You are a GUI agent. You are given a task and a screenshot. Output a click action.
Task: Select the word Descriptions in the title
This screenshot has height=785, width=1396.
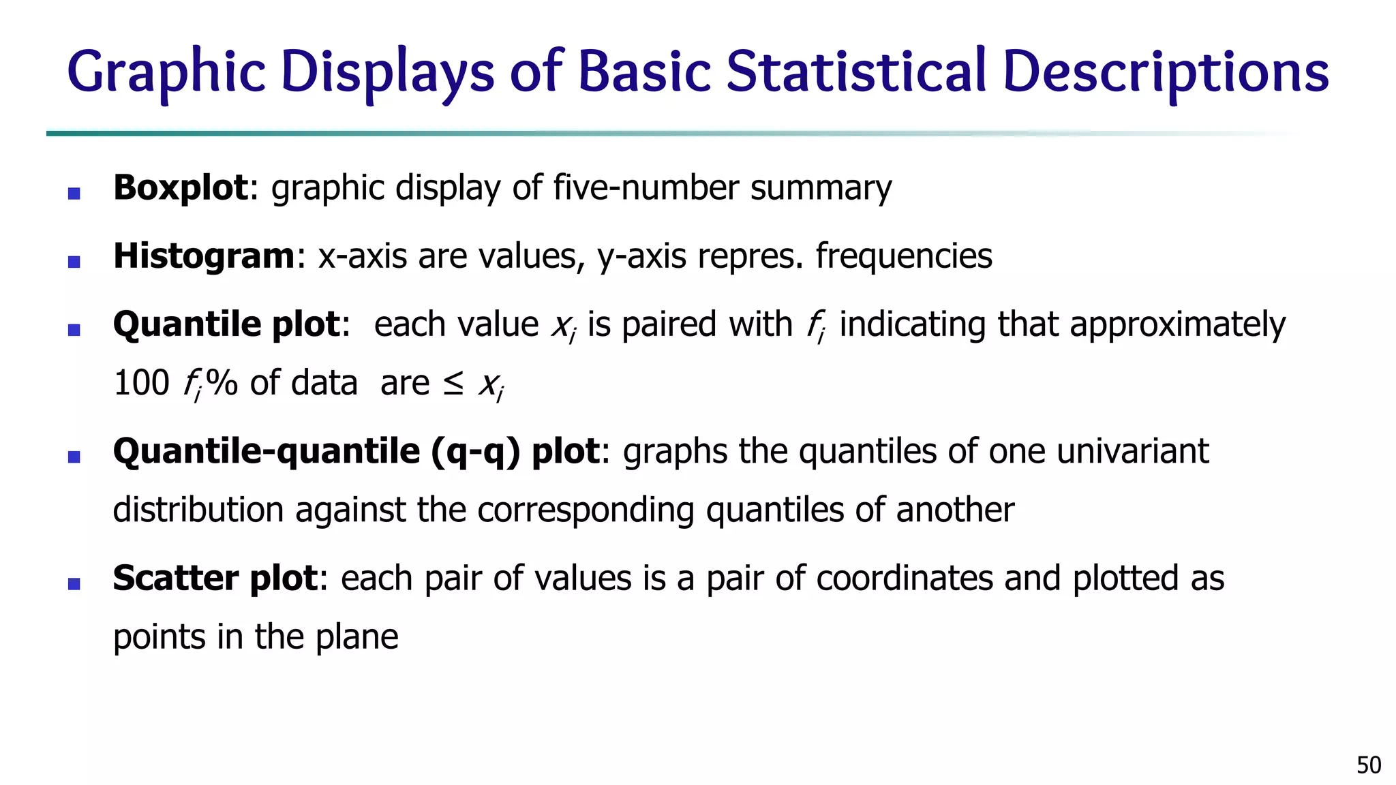coord(1166,72)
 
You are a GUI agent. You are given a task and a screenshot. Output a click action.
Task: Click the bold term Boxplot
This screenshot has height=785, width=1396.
coord(181,187)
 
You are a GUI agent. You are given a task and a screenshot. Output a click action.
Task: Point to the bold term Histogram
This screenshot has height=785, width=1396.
coord(204,256)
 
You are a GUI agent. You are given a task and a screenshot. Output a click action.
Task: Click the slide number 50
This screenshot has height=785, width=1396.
coord(1369,765)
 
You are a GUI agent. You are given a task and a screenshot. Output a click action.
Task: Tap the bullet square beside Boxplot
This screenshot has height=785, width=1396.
coord(74,194)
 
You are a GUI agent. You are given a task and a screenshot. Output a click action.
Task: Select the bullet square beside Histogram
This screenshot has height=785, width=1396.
coord(74,262)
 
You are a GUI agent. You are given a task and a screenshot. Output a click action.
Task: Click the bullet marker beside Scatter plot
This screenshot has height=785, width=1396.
coord(74,583)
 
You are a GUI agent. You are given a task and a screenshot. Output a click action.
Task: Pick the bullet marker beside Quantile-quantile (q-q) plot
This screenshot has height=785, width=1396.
coord(74,457)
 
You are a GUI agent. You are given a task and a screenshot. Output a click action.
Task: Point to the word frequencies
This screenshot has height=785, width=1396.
coord(903,256)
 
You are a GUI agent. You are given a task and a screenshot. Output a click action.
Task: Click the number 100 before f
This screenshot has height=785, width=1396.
coord(141,383)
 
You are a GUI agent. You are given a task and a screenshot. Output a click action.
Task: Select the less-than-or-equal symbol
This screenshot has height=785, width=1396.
coord(453,384)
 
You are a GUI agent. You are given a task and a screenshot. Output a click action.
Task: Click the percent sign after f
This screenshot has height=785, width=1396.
coord(222,383)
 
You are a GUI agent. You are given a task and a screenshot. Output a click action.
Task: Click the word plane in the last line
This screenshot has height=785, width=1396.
coord(357,637)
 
